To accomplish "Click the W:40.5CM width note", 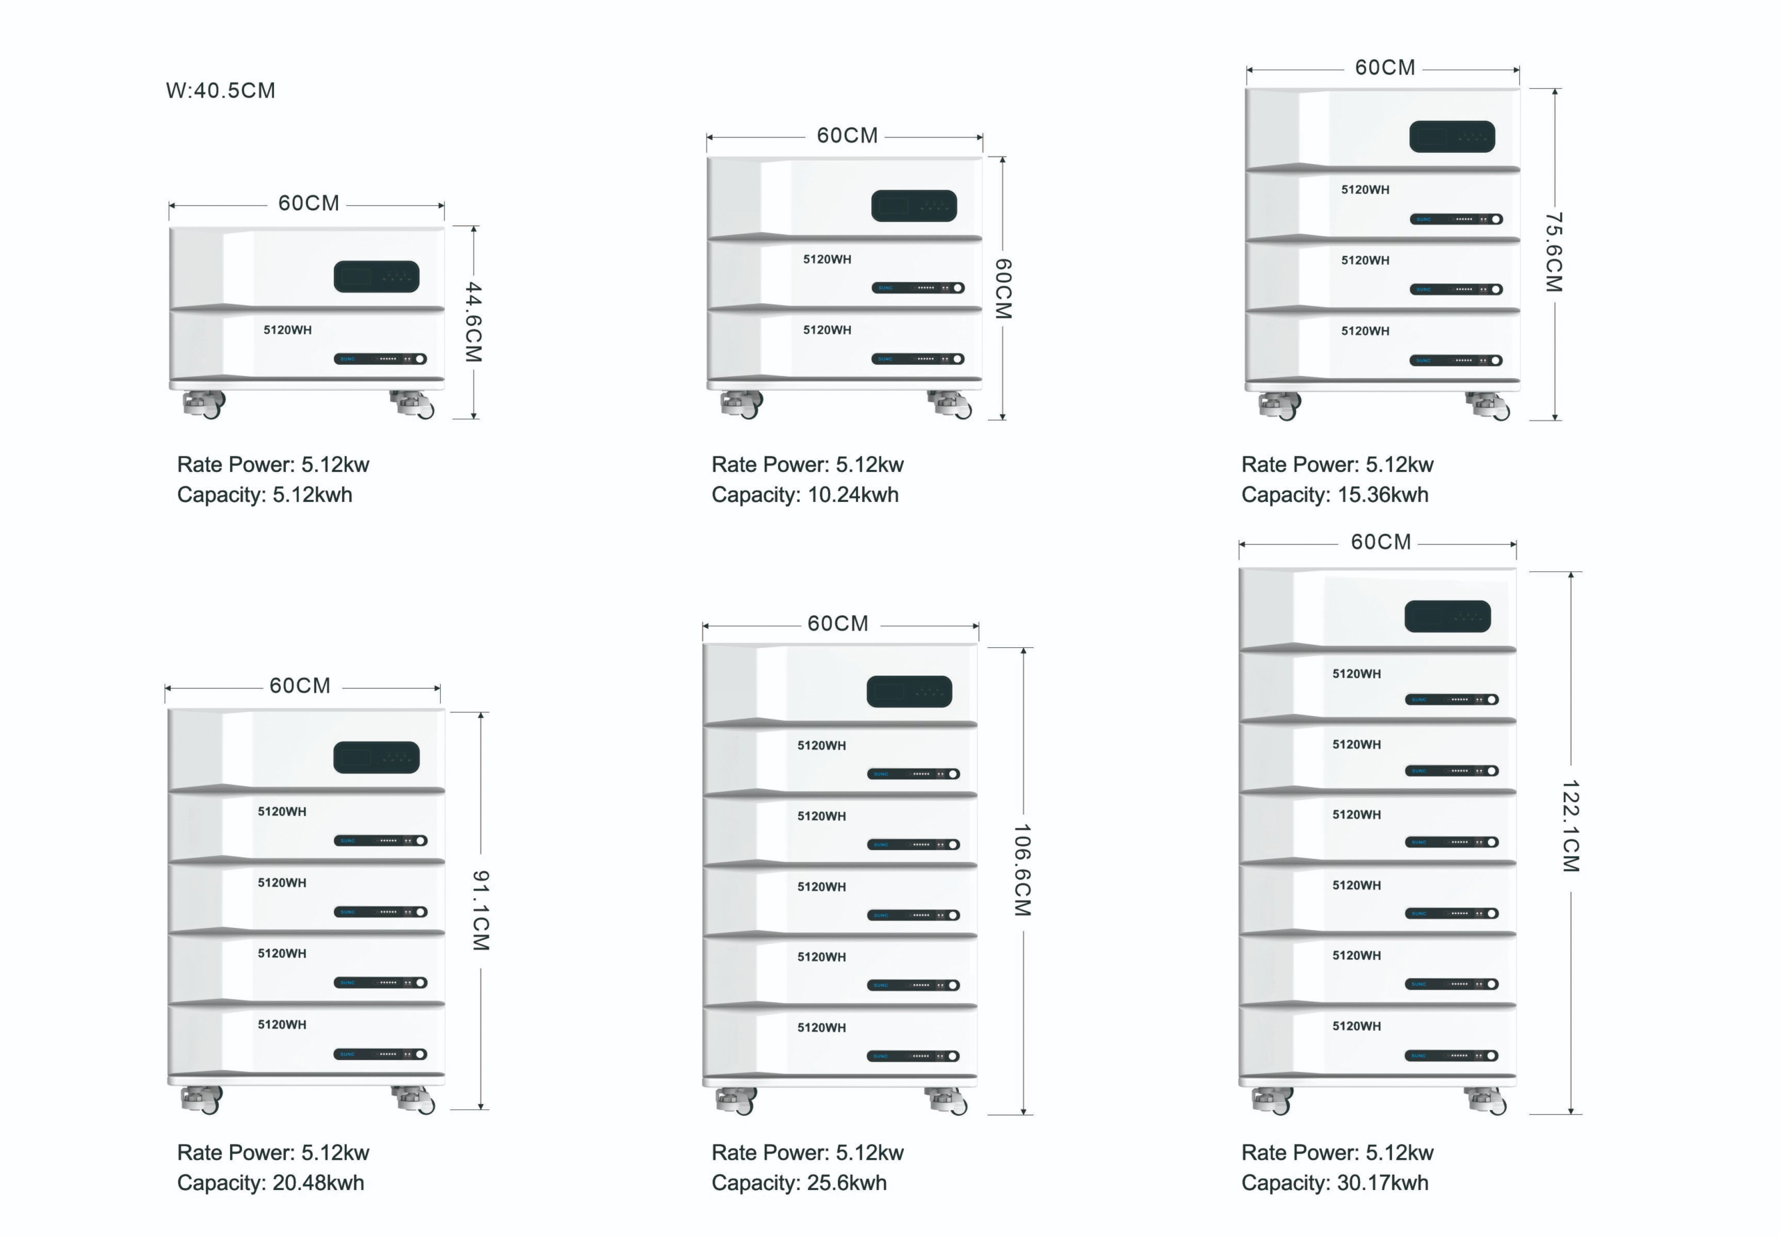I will pyautogui.click(x=220, y=90).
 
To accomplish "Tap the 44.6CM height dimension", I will pyautogui.click(x=473, y=322).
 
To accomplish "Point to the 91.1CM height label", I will pyautogui.click(x=480, y=910).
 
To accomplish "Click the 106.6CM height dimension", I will pyautogui.click(x=1023, y=870).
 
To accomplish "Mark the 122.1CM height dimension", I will pyautogui.click(x=1571, y=826).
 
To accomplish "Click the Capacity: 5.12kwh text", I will pyautogui.click(x=264, y=495).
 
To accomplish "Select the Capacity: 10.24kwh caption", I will pyautogui.click(x=804, y=495).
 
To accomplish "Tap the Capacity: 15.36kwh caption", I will pyautogui.click(x=1334, y=495).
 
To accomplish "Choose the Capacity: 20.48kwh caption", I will pyautogui.click(x=270, y=1182).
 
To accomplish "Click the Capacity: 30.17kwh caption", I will pyautogui.click(x=1334, y=1182).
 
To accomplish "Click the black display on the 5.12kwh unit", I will pyautogui.click(x=376, y=277).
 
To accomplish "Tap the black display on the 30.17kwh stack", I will pyautogui.click(x=1448, y=617).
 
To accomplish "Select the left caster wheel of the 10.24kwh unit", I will pyautogui.click(x=742, y=404).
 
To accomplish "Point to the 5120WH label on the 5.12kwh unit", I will pyautogui.click(x=288, y=330).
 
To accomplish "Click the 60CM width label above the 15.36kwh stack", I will pyautogui.click(x=1384, y=68).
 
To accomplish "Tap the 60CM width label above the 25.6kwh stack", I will pyautogui.click(x=837, y=624).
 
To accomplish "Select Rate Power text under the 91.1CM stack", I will pyautogui.click(x=273, y=1153).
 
